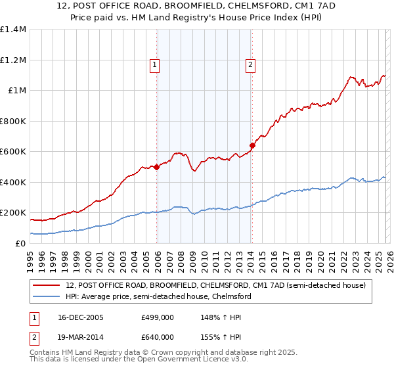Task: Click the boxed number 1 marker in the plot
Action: coord(154,64)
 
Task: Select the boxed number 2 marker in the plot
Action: coord(250,64)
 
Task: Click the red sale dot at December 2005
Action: coord(157,167)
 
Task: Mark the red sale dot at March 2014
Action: coord(252,145)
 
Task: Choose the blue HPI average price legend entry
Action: coord(158,296)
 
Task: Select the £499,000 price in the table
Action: coord(157,317)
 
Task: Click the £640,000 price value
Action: coord(157,337)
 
